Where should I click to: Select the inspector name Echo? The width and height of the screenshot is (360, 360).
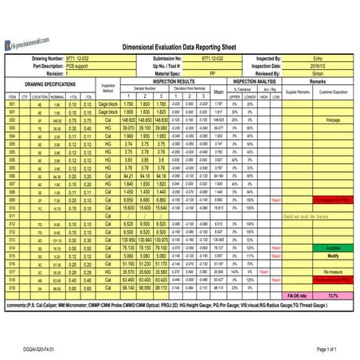click(x=317, y=58)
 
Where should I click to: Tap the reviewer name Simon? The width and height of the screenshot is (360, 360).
click(x=317, y=72)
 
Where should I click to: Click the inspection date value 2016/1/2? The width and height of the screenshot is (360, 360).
click(x=317, y=65)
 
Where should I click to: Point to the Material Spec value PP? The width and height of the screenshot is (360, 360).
click(x=211, y=72)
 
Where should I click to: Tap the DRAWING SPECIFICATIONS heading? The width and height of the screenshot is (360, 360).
click(x=49, y=84)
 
